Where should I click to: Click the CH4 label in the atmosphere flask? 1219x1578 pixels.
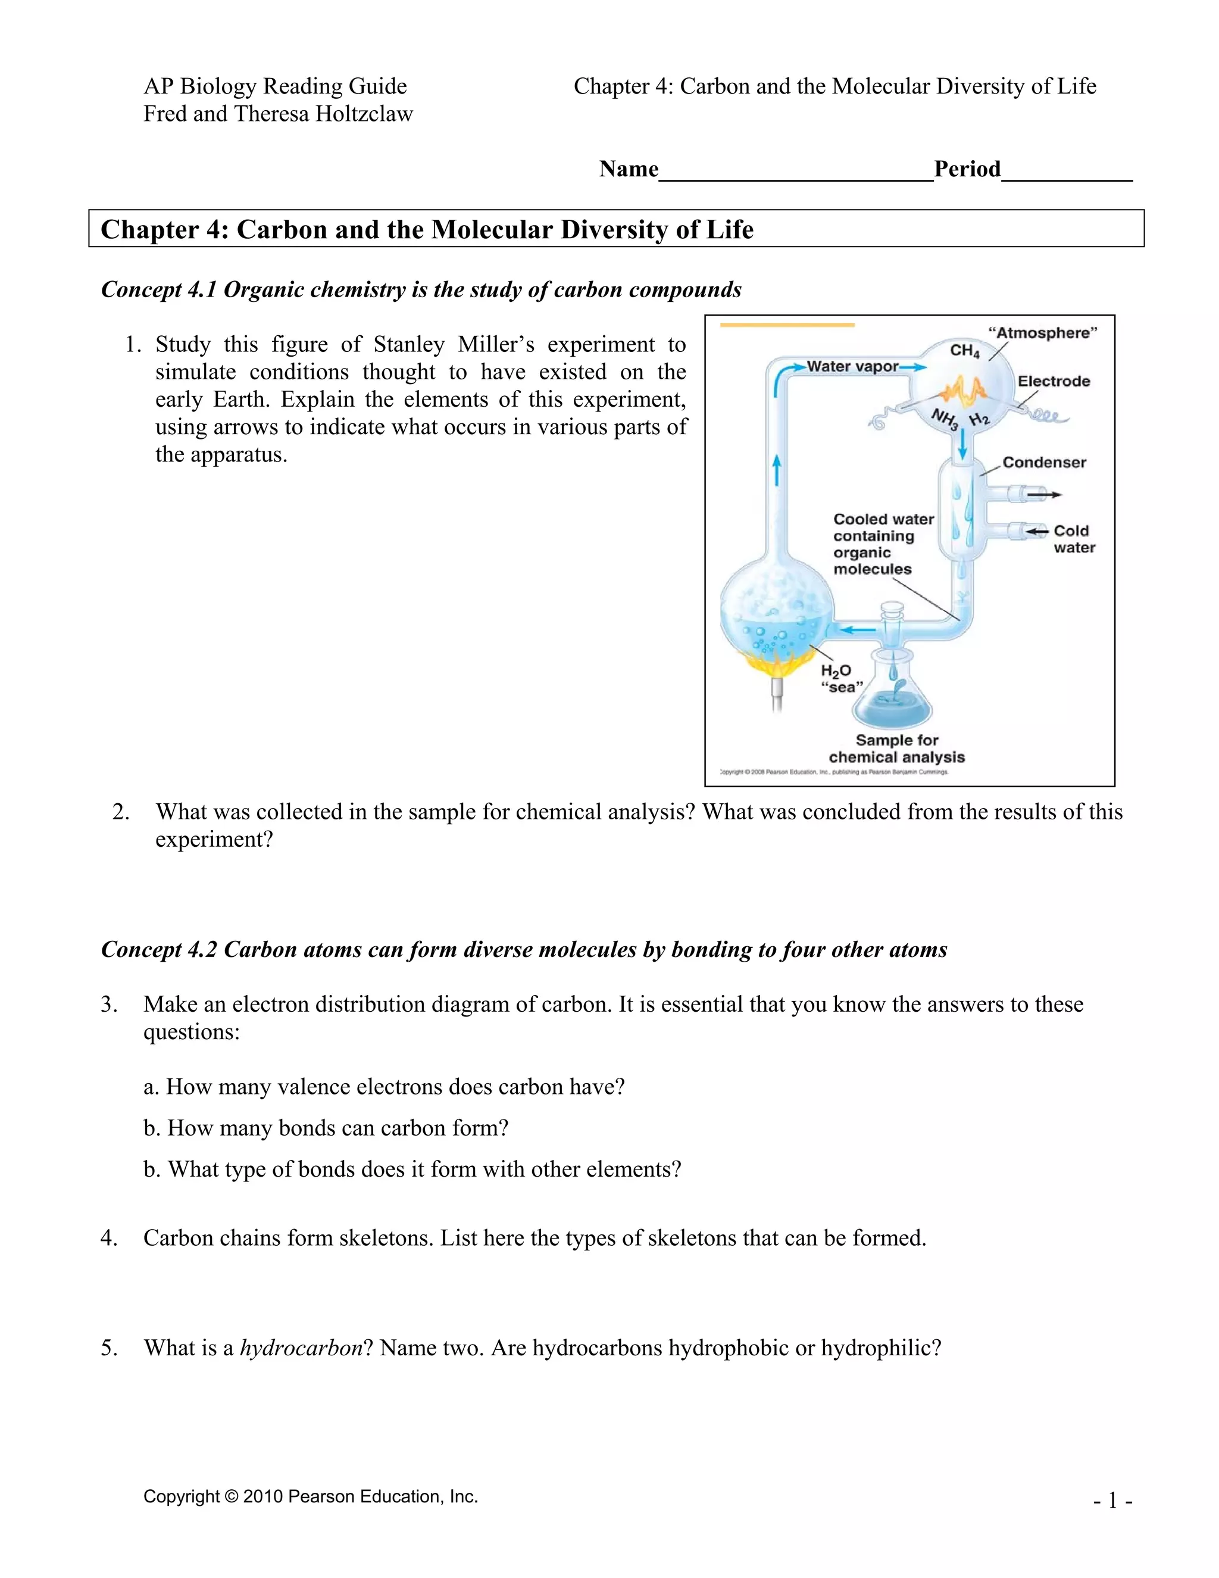coord(964,351)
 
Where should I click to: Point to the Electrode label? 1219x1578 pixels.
coord(1053,382)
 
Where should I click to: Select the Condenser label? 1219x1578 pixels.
coord(1043,463)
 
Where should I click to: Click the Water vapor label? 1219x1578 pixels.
coord(852,366)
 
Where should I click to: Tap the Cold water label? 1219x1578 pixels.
coord(1073,539)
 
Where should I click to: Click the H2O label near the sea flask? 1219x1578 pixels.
coord(836,671)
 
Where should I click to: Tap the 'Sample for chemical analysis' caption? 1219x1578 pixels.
coord(896,749)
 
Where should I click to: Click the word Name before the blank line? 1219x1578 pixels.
coord(629,169)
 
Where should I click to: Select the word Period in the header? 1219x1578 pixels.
coord(967,169)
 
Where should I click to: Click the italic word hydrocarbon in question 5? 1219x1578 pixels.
coord(301,1348)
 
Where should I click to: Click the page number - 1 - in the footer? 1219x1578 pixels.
coord(1112,1501)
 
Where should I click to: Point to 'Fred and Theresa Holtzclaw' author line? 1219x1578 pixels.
coord(278,114)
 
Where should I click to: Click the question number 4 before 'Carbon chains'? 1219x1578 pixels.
coord(108,1239)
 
